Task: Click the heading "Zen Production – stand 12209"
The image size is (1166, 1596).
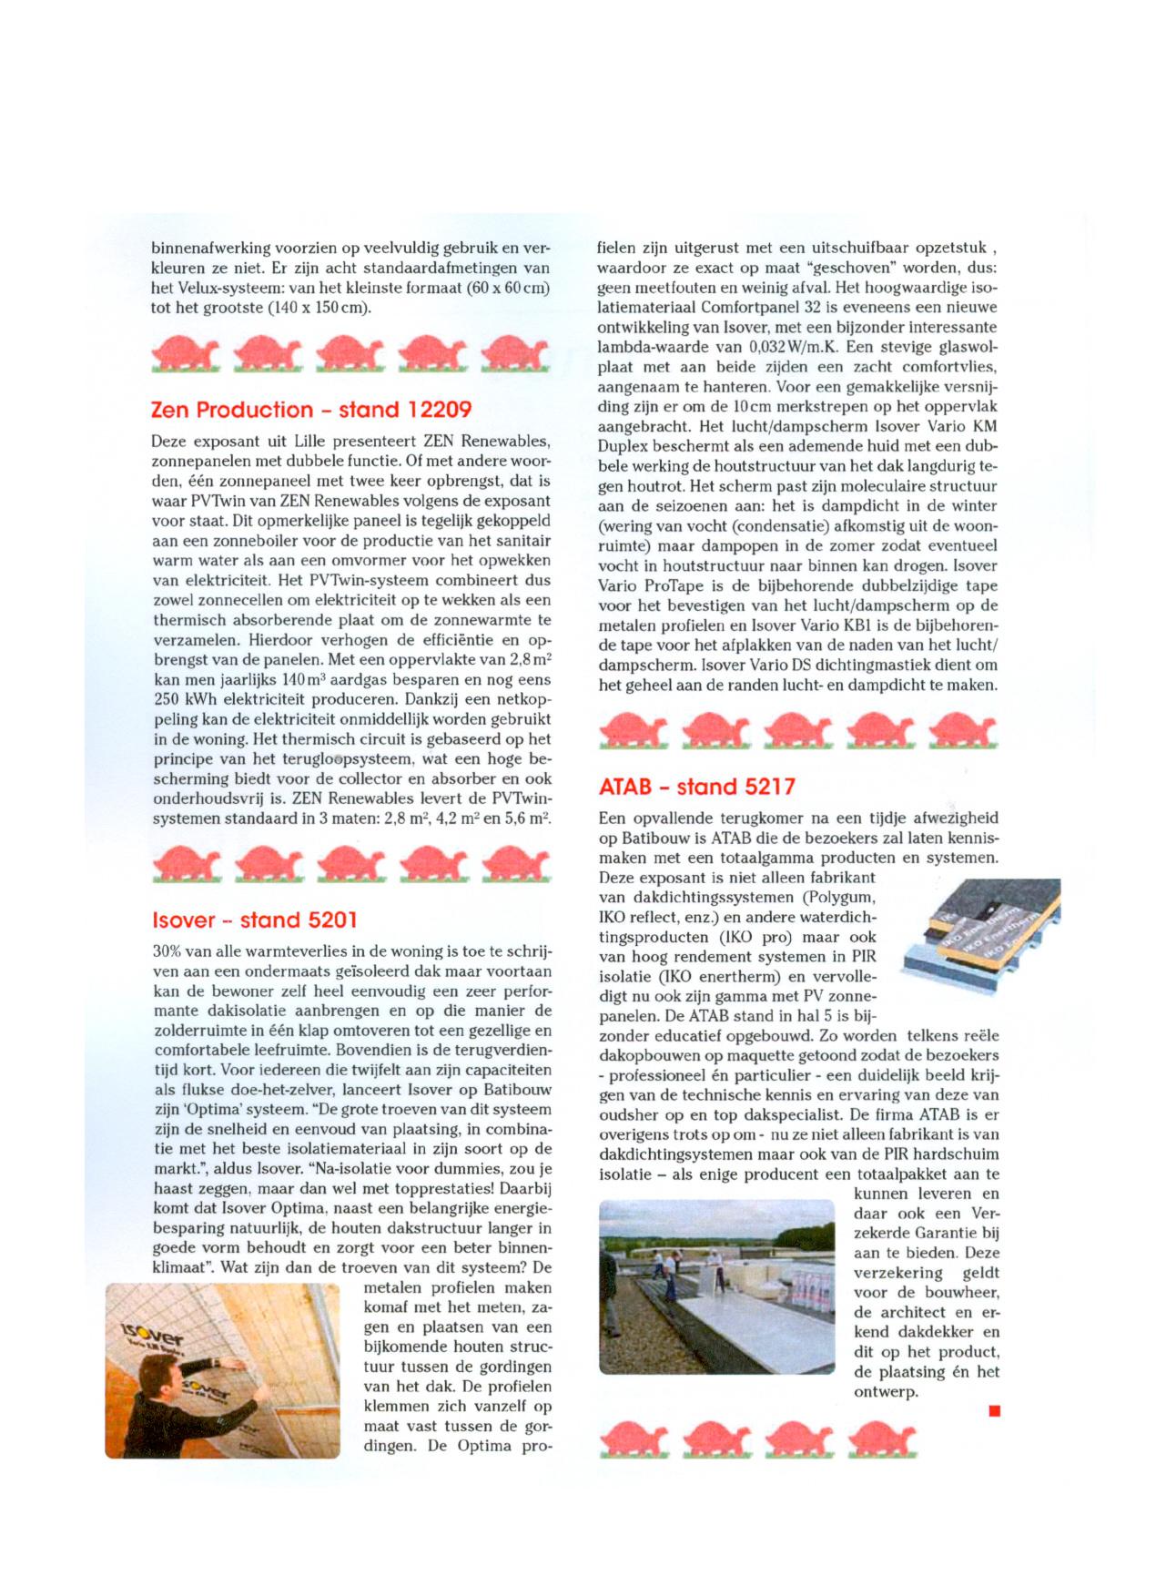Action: pos(311,411)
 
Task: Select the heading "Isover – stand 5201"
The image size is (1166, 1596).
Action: pos(255,920)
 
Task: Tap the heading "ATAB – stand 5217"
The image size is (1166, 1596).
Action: pos(696,786)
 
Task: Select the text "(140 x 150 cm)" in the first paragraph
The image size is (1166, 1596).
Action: pos(319,308)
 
